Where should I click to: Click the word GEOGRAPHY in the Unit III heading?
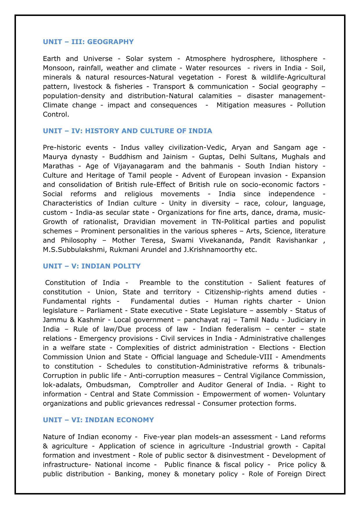[x=110, y=42]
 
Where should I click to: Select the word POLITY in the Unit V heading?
[x=125, y=266]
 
